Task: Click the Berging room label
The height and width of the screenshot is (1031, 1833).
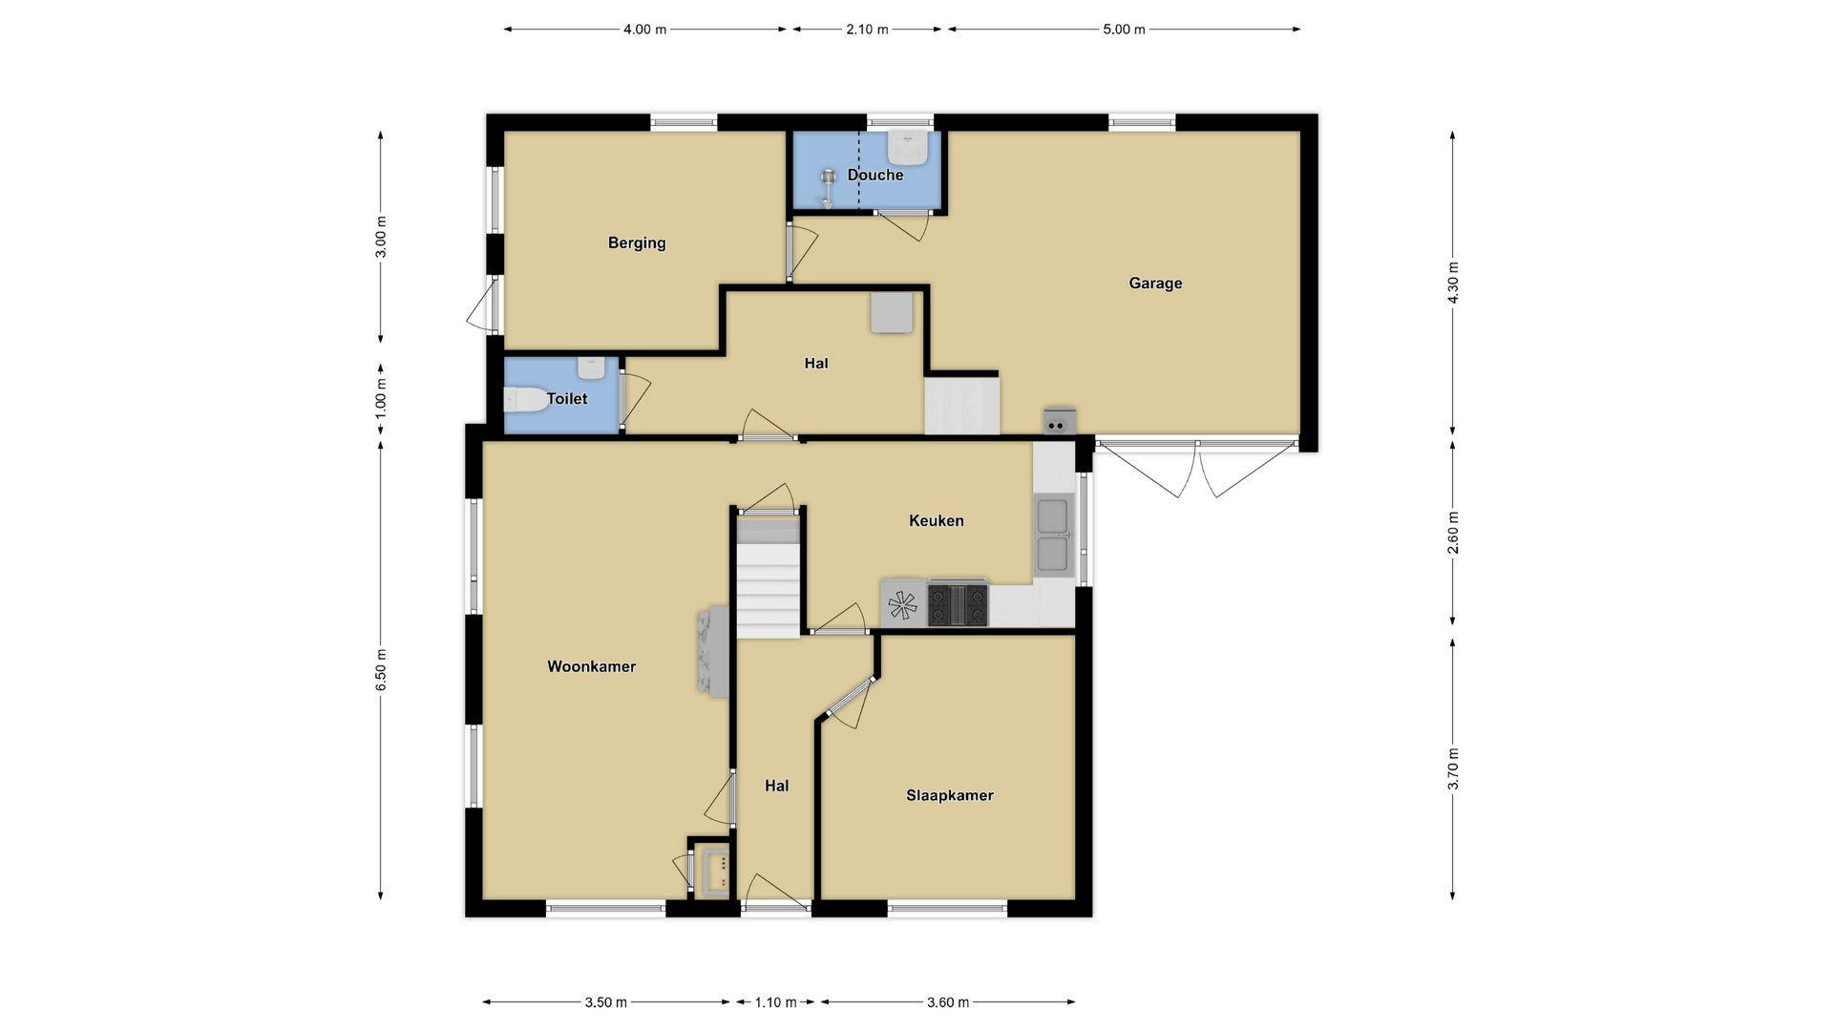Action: tap(637, 243)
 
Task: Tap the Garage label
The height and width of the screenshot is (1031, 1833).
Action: tap(1155, 284)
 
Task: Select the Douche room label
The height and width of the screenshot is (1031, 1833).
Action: tap(875, 175)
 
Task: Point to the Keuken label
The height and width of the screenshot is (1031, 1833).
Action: tap(936, 520)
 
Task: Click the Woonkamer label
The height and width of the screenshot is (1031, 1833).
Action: tap(591, 666)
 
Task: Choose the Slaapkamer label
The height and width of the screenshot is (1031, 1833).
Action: tap(950, 795)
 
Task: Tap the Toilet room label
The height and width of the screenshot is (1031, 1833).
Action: tap(567, 399)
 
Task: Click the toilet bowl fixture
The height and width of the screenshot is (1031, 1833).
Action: tap(525, 399)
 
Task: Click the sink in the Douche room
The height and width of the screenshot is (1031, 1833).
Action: tap(908, 148)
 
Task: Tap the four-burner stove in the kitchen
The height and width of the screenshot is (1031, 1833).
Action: tap(958, 604)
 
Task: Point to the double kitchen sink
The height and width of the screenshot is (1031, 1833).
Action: tap(1053, 536)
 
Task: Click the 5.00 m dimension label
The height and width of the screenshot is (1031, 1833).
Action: tap(1124, 30)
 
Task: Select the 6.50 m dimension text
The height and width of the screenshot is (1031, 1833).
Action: tap(381, 670)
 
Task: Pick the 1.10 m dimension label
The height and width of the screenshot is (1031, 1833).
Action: tap(775, 1002)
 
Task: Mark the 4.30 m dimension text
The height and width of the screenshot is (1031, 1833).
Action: tap(1453, 283)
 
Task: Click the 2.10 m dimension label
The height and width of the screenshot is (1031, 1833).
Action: tap(867, 30)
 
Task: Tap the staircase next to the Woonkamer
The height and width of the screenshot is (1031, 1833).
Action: tap(768, 578)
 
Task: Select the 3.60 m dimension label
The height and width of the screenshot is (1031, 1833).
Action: tap(948, 1002)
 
